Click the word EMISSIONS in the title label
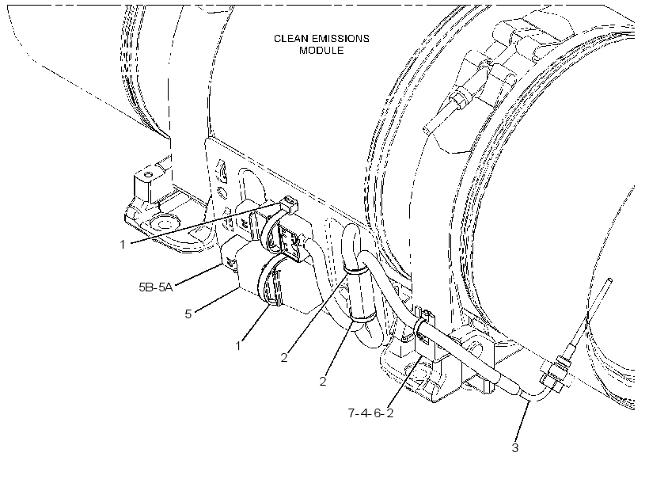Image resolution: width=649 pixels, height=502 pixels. point(340,39)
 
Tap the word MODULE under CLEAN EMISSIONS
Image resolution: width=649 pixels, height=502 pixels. point(321,51)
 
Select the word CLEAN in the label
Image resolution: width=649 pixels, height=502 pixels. point(291,39)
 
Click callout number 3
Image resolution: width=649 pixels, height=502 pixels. point(515,447)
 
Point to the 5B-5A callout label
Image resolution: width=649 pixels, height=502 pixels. point(156,287)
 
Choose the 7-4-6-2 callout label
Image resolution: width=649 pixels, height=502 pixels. point(371,413)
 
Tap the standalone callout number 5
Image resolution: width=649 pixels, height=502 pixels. point(188,314)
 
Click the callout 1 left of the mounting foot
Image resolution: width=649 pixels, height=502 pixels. point(123,245)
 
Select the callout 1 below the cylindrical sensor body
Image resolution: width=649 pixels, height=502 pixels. point(238,345)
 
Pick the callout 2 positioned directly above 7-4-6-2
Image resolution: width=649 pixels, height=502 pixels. point(323,381)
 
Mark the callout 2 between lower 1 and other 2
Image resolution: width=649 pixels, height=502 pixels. point(284,357)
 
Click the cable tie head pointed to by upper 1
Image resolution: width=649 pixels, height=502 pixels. point(289,203)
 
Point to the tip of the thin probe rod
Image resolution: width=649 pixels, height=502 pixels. point(609,280)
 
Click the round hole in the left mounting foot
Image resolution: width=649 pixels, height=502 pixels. point(164,224)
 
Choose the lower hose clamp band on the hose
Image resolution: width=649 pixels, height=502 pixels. point(363,320)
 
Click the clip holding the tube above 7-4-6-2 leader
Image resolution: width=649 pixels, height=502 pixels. point(424,327)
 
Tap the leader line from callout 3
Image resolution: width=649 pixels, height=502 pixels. point(522,420)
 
